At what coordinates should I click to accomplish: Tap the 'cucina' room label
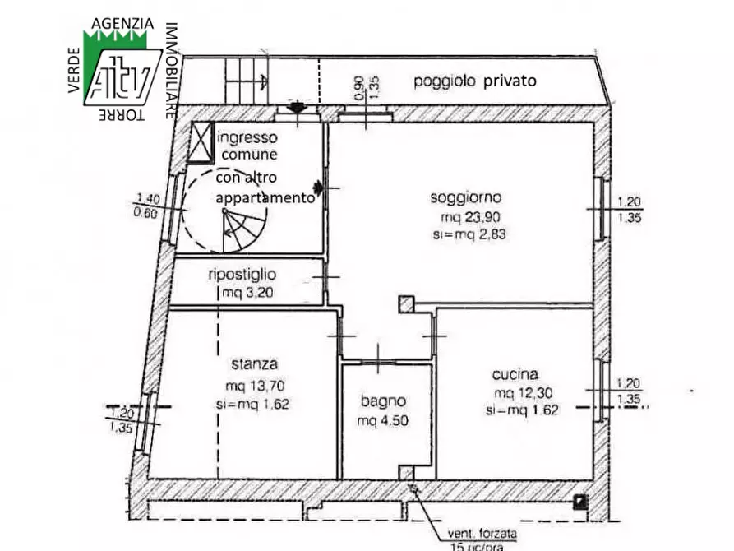click(515, 372)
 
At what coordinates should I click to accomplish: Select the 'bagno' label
click(383, 401)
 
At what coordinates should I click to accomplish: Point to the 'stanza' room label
click(254, 363)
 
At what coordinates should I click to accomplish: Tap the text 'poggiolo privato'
click(474, 81)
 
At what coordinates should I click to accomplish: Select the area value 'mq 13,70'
click(257, 386)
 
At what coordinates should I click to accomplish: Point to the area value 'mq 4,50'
click(383, 421)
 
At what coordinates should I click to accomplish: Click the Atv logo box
click(122, 75)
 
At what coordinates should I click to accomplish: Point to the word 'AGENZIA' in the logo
click(122, 24)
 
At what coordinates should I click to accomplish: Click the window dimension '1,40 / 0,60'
click(149, 205)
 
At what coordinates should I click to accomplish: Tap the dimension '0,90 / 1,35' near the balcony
click(367, 88)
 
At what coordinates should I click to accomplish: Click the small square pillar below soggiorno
click(405, 304)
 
